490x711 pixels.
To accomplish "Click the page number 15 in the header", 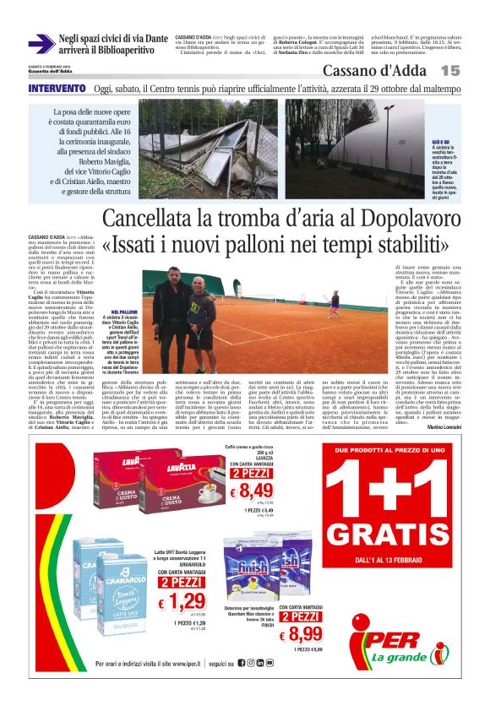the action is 449,72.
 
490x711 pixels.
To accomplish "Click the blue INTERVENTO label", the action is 57,89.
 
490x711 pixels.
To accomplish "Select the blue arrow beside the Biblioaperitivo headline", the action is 40,44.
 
